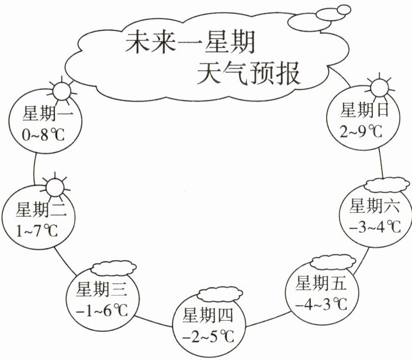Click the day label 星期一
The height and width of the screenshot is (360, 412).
[x=44, y=113]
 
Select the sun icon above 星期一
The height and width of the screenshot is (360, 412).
[x=60, y=91]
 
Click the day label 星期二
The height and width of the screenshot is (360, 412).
[x=41, y=209]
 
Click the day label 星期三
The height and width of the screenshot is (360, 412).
[x=102, y=289]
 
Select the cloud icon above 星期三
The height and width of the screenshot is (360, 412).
[x=113, y=268]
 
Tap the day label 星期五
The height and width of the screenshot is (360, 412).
[x=321, y=284]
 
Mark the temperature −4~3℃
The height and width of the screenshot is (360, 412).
[x=321, y=306]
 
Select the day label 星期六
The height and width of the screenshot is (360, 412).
[x=372, y=206]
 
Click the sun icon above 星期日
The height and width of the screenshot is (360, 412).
[x=378, y=87]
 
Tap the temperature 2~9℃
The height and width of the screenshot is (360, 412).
[x=361, y=131]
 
